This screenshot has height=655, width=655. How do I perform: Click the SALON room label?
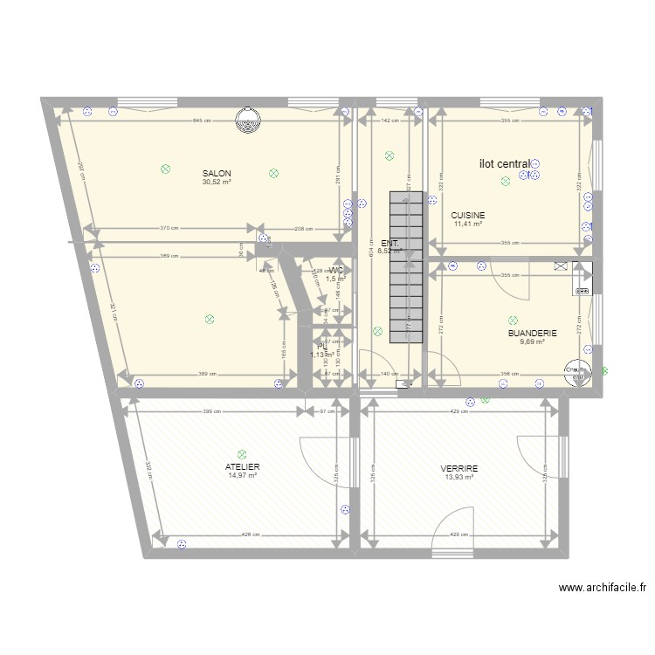coord(217,173)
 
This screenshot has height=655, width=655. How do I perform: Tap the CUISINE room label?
coord(468,215)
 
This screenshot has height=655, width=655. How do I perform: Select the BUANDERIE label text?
coord(533,333)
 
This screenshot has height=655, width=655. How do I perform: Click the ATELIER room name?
coord(243,466)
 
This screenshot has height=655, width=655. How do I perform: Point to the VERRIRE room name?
coord(459,468)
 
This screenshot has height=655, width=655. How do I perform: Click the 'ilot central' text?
coord(505,163)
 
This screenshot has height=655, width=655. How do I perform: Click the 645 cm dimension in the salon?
coord(202,121)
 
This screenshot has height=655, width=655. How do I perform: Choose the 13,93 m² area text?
coord(458,477)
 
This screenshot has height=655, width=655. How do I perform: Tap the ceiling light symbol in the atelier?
coord(242,454)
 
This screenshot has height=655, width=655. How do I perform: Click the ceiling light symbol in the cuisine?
coord(505,182)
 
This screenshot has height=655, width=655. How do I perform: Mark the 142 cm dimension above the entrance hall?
coord(390,121)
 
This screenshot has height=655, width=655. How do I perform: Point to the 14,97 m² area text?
coord(243,476)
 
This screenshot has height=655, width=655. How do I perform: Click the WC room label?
coord(336,271)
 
